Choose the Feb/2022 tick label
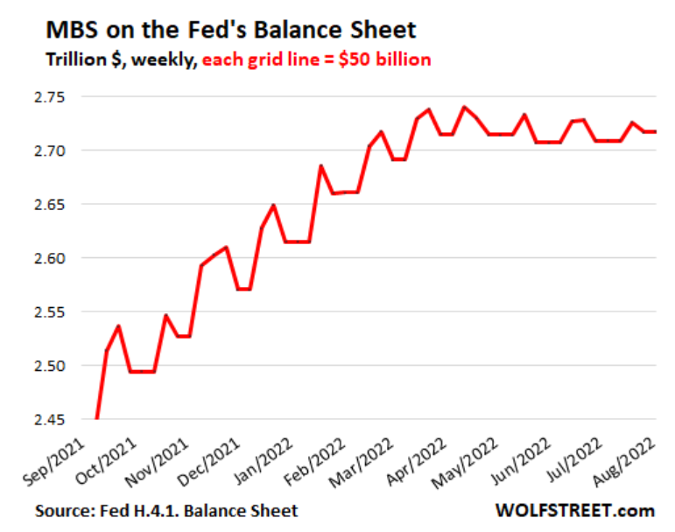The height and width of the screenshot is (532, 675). pyautogui.click(x=316, y=457)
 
